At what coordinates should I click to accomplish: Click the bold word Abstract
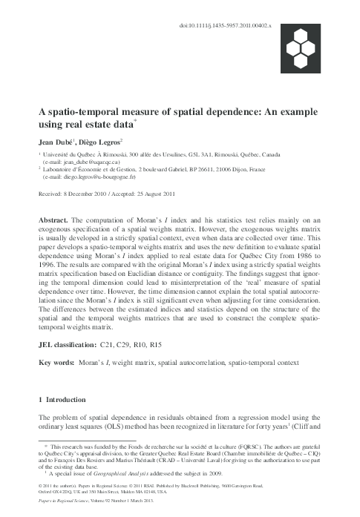pos(53,222)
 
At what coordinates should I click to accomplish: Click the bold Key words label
pos(56,363)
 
